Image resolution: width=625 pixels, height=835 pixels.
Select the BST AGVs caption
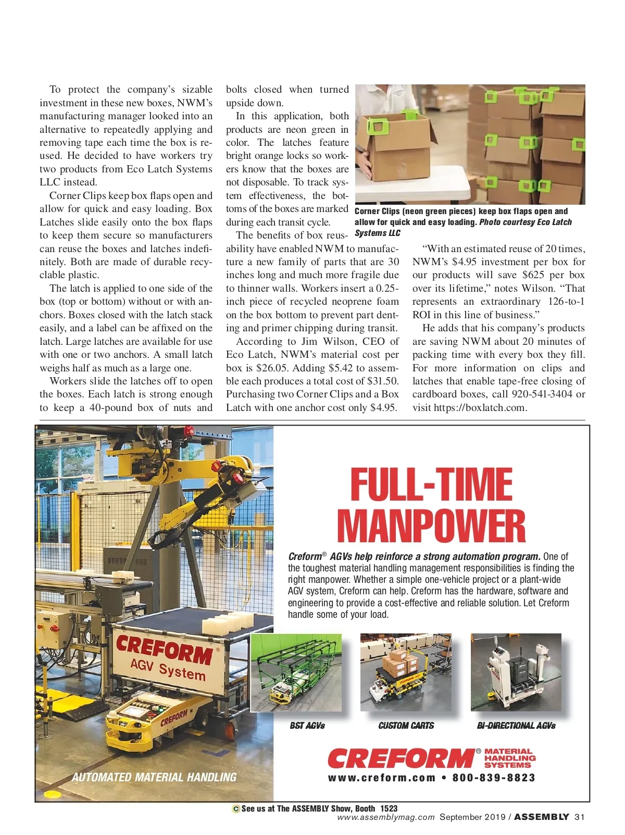click(307, 726)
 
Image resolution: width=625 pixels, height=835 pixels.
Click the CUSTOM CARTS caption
click(406, 726)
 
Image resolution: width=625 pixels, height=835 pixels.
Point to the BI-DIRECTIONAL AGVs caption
click(516, 726)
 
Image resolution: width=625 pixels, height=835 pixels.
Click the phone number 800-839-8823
click(494, 778)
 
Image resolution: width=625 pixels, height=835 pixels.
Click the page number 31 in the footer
click(580, 817)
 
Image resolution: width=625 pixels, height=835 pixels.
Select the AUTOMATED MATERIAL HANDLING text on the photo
click(154, 777)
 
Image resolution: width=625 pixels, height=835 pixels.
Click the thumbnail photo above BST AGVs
click(296, 672)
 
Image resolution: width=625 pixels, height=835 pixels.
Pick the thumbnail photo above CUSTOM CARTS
click(406, 672)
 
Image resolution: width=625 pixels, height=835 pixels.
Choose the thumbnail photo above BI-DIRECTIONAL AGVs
click(516, 672)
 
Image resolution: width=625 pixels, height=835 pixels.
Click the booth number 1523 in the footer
click(389, 808)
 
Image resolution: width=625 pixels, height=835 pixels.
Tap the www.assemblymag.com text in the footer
click(385, 817)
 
